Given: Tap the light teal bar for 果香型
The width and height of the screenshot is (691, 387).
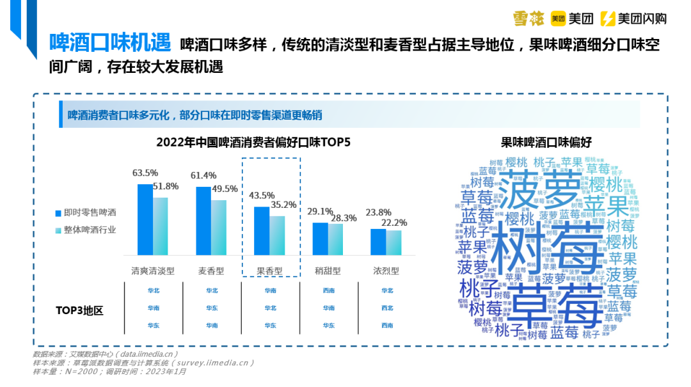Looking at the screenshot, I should (x=277, y=236).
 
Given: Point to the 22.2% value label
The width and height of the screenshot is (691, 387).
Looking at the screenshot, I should (x=394, y=223).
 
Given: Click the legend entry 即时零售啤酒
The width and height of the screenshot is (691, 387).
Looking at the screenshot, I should (x=90, y=212).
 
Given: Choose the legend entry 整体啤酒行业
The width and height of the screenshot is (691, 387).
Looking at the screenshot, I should (x=90, y=230).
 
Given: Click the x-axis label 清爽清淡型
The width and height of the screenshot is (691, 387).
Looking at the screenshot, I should (x=153, y=271).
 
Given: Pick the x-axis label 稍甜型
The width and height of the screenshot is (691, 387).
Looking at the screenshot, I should (x=328, y=271).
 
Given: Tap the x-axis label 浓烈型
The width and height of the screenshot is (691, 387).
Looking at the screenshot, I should (x=386, y=271).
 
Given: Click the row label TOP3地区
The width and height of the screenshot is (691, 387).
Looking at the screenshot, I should (x=79, y=311).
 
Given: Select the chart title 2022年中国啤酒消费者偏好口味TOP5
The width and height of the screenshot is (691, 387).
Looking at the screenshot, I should (x=253, y=142).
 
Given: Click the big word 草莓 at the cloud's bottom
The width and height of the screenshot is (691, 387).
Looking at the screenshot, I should (x=557, y=306).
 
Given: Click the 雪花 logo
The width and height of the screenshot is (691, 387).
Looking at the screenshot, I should (x=528, y=19).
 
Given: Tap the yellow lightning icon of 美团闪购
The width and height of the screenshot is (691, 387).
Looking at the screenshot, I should (x=609, y=19).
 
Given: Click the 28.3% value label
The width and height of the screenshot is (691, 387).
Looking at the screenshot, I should (x=344, y=218).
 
